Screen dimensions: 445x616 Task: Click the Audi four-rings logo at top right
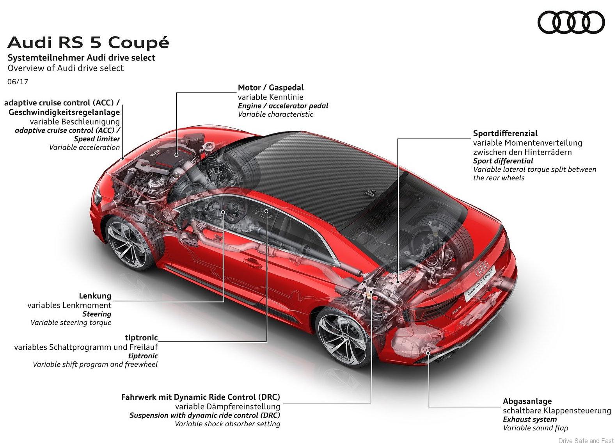click(571, 22)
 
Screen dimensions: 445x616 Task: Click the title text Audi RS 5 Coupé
click(88, 42)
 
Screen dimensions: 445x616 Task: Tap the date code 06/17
click(18, 82)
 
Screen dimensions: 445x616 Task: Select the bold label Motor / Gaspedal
click(271, 88)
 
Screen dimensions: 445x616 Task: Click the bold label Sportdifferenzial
click(505, 133)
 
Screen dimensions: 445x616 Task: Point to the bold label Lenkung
click(95, 296)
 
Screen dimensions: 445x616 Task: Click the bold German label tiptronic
click(141, 338)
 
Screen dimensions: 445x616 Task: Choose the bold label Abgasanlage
click(527, 401)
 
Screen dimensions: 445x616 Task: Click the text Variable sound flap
click(535, 428)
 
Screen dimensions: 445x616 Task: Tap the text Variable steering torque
click(71, 323)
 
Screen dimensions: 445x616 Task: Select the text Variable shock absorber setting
click(227, 424)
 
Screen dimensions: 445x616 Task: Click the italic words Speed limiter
click(97, 139)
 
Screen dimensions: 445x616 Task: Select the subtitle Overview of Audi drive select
click(66, 68)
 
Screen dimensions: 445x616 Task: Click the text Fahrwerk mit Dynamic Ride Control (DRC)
click(201, 397)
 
